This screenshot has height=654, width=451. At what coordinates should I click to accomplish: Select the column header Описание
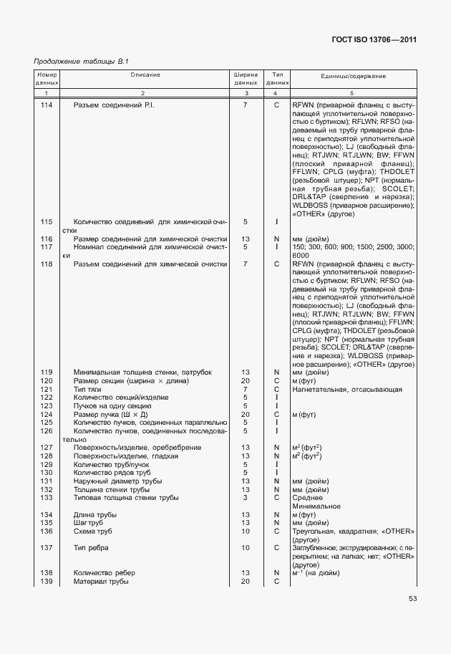pyautogui.click(x=145, y=75)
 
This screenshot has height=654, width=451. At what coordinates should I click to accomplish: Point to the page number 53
pyautogui.click(x=412, y=599)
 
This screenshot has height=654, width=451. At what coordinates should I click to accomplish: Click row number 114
pyautogui.click(x=47, y=106)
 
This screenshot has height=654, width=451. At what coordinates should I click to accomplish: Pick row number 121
pyautogui.click(x=47, y=389)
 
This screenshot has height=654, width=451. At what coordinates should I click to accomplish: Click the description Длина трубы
pyautogui.click(x=95, y=514)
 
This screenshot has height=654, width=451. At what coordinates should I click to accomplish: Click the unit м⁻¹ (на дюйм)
pyautogui.click(x=316, y=573)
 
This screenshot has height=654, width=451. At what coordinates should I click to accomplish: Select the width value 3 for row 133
pyautogui.click(x=245, y=497)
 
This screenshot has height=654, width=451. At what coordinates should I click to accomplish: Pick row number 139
pyautogui.click(x=47, y=581)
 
